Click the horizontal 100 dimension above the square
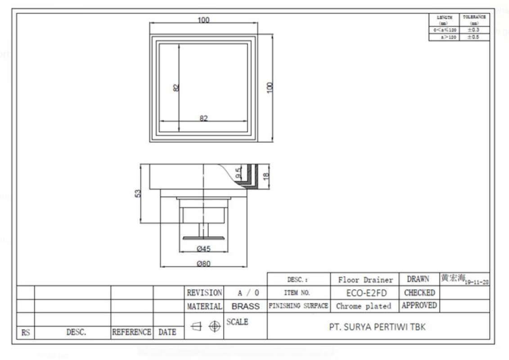(203, 20)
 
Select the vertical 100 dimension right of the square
(270, 87)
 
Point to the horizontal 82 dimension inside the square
(204, 118)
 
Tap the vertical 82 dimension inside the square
(176, 88)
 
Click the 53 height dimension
(138, 193)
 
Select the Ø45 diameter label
(204, 248)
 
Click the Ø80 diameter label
(203, 264)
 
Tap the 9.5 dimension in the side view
(238, 172)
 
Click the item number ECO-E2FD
(365, 293)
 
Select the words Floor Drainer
(365, 280)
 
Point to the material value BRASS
(245, 306)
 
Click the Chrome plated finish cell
(364, 306)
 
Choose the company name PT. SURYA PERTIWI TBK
(377, 327)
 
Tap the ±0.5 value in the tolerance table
(473, 37)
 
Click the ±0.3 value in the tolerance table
(473, 30)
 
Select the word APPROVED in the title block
(419, 306)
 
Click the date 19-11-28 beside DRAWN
(478, 282)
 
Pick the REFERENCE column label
(131, 333)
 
